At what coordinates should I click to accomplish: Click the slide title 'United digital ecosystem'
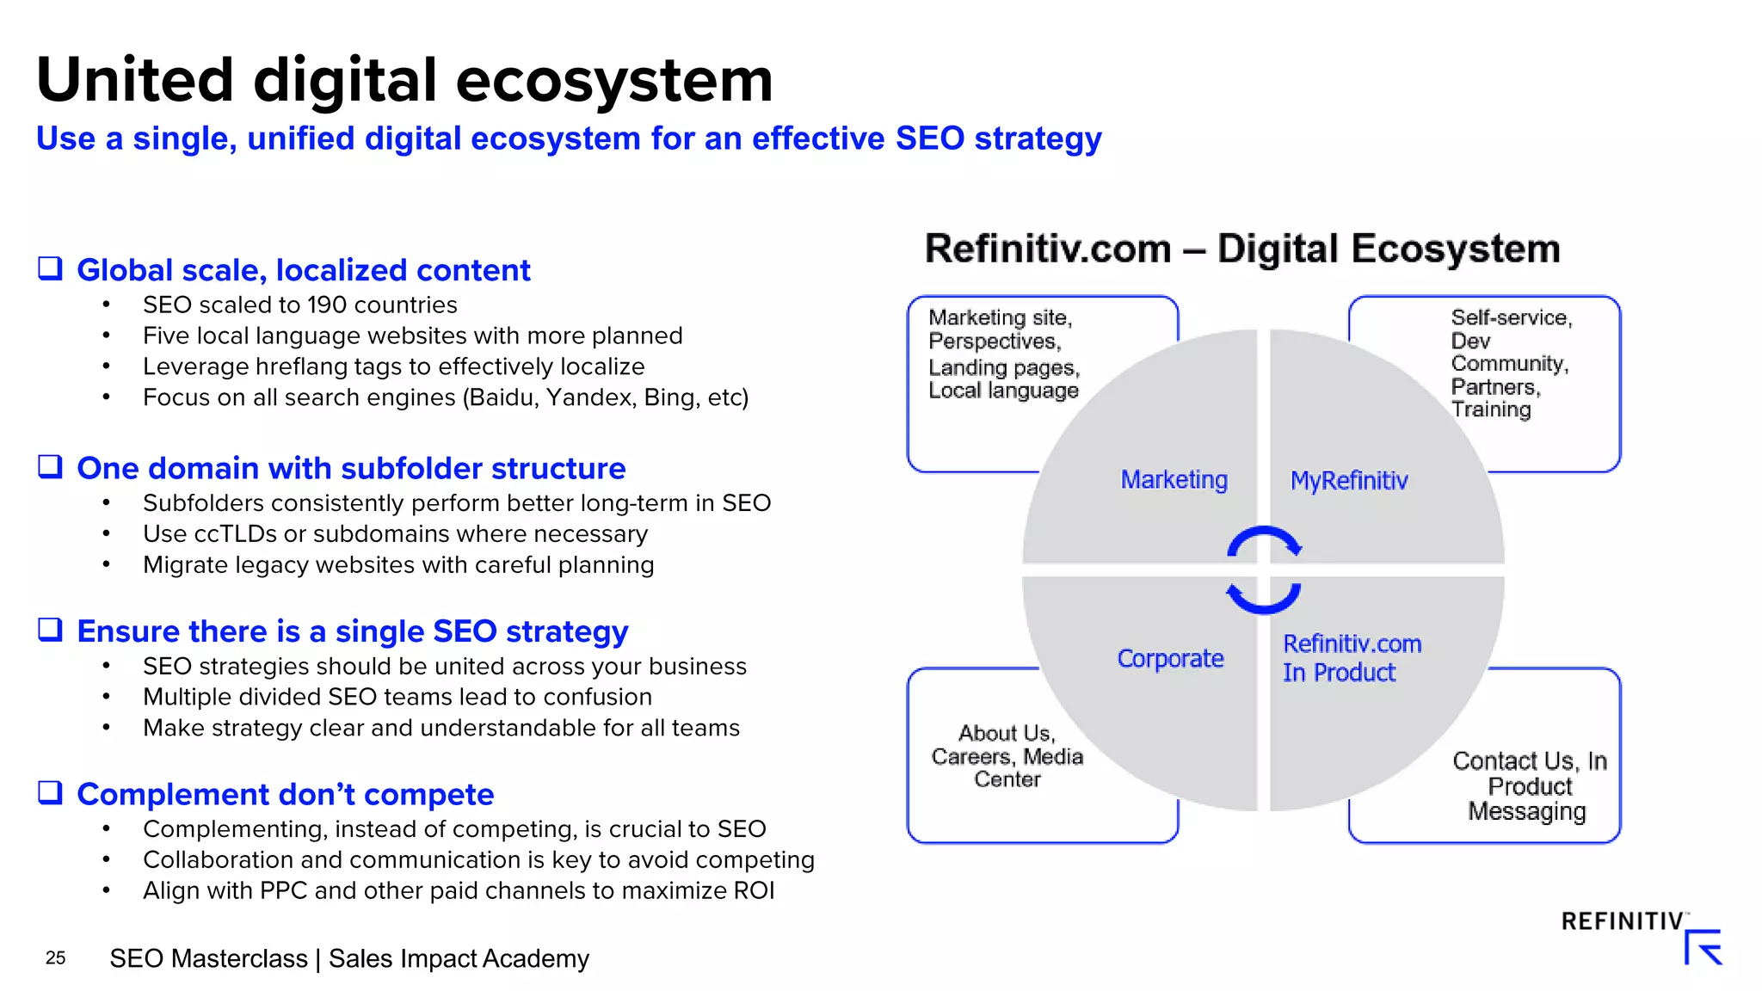point(404,79)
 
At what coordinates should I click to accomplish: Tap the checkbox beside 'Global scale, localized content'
point(50,268)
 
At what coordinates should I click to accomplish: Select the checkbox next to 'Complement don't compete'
point(50,792)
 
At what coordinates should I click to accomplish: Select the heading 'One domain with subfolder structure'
point(351,468)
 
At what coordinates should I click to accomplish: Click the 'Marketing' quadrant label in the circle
point(1174,479)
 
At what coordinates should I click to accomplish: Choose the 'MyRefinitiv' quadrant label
point(1349,480)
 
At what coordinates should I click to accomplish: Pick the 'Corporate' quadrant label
point(1170,658)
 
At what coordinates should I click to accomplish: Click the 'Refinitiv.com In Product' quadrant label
point(1352,658)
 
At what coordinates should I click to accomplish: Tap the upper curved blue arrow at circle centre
point(1264,540)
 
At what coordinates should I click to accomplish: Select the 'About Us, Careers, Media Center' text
point(1007,756)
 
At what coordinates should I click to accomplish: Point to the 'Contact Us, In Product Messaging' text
point(1529,785)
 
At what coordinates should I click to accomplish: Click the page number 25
point(55,957)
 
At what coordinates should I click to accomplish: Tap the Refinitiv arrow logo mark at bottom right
point(1703,947)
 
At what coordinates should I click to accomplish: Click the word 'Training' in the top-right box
point(1491,409)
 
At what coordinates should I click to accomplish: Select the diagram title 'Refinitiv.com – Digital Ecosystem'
point(1241,249)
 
